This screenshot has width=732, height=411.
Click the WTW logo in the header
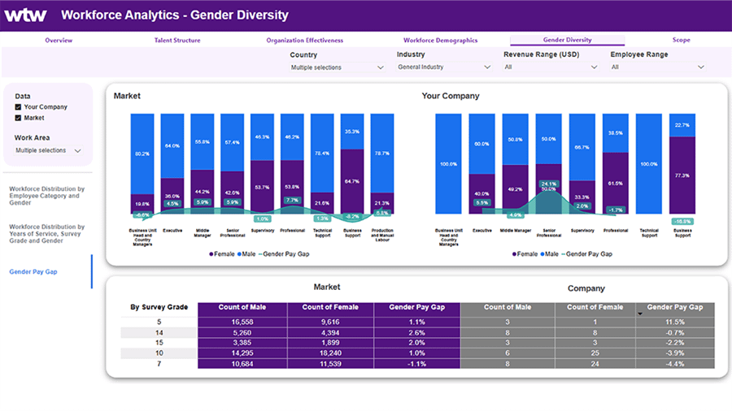point(27,15)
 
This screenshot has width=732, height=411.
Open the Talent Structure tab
point(176,40)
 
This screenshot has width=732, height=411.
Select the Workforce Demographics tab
point(440,40)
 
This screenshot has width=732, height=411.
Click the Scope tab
point(681,40)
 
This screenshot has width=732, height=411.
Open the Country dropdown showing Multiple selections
point(337,67)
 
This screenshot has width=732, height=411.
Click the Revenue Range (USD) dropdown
point(551,67)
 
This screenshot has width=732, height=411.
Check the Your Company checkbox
point(19,107)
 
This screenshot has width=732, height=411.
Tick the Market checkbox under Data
point(19,118)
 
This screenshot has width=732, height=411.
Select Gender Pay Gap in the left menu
point(33,271)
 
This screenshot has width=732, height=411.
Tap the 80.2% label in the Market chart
point(142,154)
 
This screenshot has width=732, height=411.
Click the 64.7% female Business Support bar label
point(352,181)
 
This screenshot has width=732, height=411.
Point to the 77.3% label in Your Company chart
point(683,175)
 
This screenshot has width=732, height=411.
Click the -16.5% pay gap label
point(682,221)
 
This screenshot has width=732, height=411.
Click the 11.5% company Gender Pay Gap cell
point(675,322)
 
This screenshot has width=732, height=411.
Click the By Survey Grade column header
point(159,308)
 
